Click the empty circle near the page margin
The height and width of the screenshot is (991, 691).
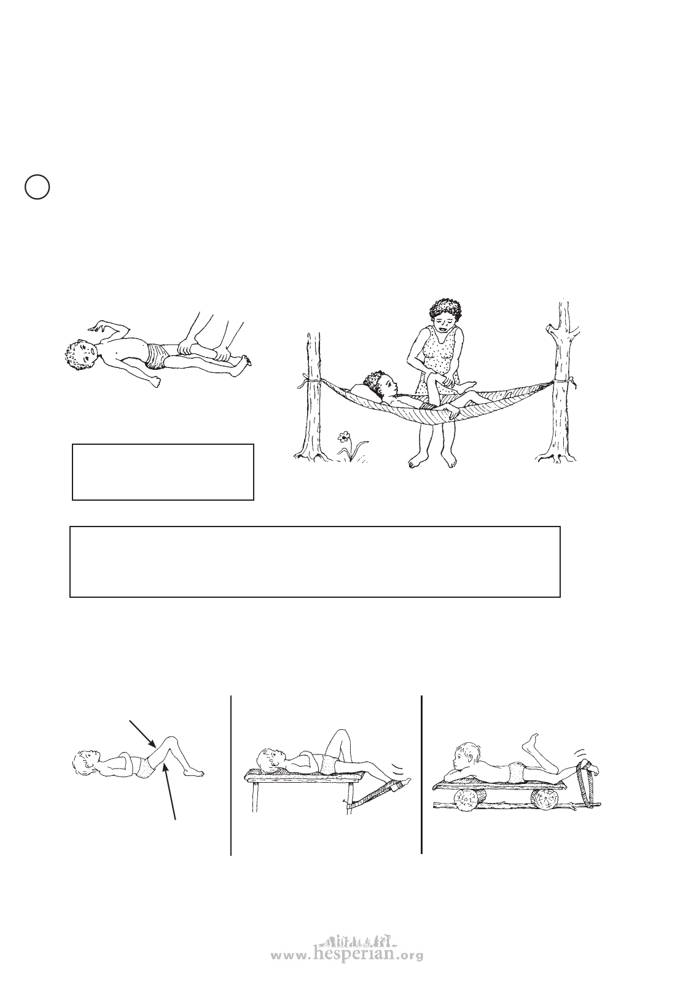pos(37,187)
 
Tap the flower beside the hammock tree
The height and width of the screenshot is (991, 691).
pos(343,437)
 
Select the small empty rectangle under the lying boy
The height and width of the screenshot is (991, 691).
pos(163,472)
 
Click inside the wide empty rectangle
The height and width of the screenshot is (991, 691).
pos(315,562)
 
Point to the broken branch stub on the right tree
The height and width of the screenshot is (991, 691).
pos(550,329)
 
